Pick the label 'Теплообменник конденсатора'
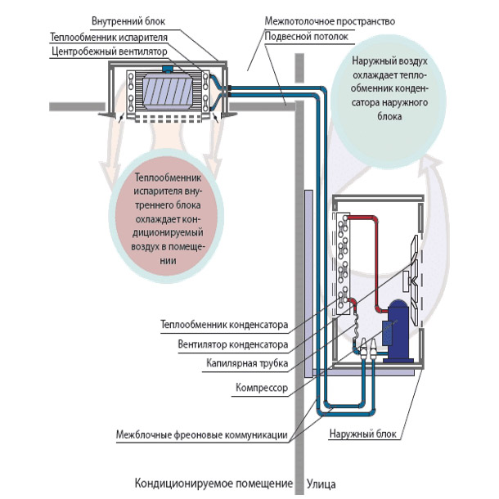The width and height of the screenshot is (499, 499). pos(224,327)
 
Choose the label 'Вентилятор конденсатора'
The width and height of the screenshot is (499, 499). pos(232,344)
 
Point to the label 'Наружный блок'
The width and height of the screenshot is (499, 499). pos(364,434)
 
